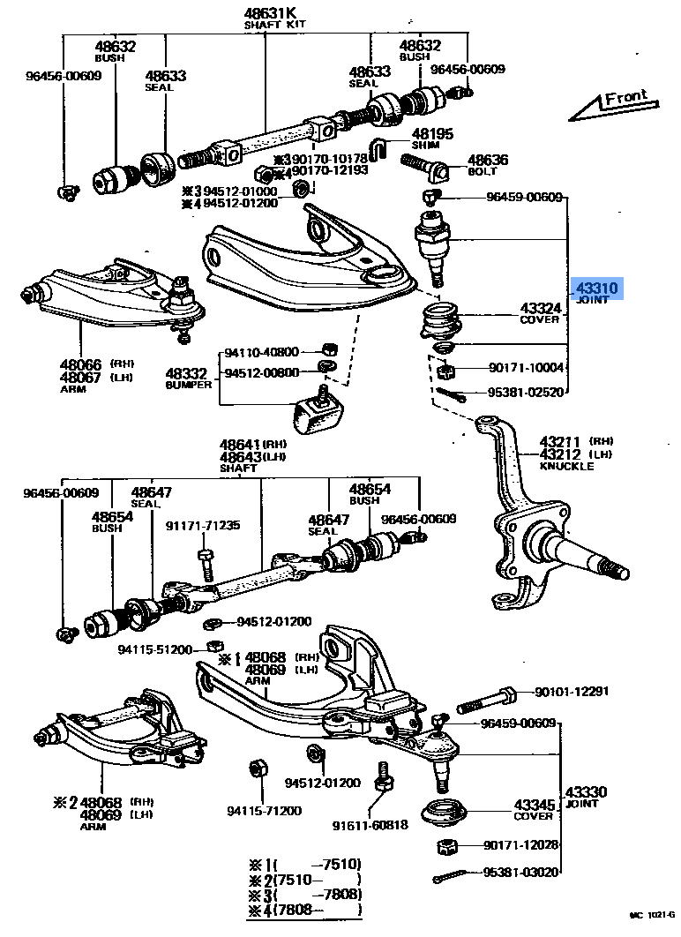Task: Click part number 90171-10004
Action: [525, 367]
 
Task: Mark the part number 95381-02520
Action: [525, 393]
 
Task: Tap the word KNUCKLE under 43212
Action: [566, 466]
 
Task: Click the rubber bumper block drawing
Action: [318, 411]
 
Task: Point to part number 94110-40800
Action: [261, 351]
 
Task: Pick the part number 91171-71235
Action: [202, 525]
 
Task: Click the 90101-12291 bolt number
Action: [571, 692]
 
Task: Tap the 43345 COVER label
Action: [535, 810]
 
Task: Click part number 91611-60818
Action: [370, 826]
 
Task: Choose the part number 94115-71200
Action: [264, 811]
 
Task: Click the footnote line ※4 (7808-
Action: [303, 910]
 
